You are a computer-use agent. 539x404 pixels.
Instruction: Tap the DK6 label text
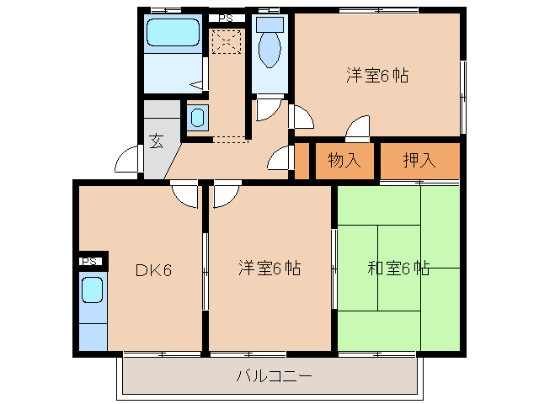(154, 270)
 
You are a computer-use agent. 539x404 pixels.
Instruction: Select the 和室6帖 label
(398, 269)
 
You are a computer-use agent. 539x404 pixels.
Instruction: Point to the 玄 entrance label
(157, 141)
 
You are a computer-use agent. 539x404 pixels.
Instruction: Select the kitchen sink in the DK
(93, 290)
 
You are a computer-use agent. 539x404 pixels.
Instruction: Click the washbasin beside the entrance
(195, 118)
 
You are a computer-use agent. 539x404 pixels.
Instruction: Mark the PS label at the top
(225, 18)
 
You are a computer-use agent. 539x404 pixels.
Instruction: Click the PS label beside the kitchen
(90, 261)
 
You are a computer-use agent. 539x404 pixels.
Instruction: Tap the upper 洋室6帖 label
(377, 75)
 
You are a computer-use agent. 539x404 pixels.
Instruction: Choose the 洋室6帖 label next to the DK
(269, 269)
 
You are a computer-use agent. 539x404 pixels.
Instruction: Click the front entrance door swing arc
(127, 160)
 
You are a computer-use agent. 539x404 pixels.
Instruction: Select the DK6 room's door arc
(184, 194)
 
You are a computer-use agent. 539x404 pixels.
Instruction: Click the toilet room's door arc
(268, 107)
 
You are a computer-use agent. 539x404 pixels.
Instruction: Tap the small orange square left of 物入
(302, 162)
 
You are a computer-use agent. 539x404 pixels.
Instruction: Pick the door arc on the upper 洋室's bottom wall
(358, 126)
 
